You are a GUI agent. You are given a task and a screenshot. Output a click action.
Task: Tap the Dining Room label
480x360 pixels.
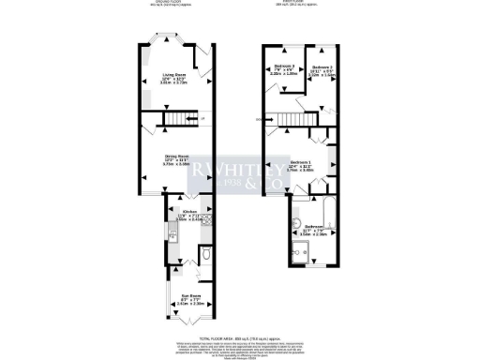(x=177, y=157)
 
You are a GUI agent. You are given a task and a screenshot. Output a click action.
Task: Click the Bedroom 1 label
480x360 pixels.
(x=301, y=163)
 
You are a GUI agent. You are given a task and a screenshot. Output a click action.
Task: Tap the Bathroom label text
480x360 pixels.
(x=315, y=227)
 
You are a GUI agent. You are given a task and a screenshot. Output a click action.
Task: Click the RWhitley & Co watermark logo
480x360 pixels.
(x=241, y=174)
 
